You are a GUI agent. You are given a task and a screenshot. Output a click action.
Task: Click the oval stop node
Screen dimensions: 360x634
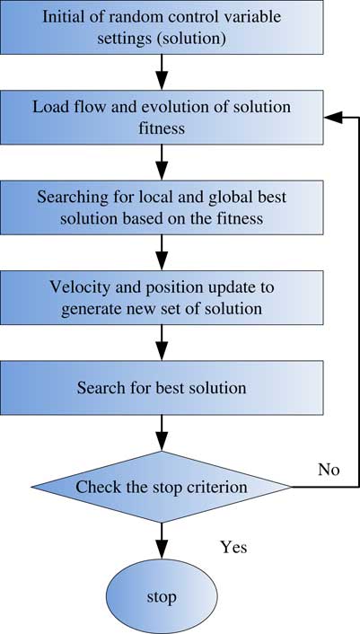(x=162, y=596)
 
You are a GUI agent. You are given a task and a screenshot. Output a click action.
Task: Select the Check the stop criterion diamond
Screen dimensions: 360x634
(x=162, y=487)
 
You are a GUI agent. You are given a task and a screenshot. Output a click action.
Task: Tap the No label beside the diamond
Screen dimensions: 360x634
(x=329, y=470)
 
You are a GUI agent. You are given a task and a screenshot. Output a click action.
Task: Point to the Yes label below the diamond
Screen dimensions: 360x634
(x=233, y=548)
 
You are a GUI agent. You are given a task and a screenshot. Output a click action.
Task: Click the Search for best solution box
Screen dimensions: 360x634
(x=162, y=388)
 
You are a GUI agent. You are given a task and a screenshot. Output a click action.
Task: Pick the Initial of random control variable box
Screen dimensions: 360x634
(x=162, y=27)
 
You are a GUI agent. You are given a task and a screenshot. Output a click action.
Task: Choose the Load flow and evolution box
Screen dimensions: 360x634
(x=162, y=118)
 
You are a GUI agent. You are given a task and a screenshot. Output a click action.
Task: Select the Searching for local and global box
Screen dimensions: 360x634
(x=162, y=207)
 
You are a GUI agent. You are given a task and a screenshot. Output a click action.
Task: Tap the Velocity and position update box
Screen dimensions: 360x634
(x=162, y=297)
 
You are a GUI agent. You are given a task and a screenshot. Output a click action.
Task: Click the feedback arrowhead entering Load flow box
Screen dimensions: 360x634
(x=333, y=118)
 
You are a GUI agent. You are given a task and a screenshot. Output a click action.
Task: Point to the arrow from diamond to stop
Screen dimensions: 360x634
(x=162, y=541)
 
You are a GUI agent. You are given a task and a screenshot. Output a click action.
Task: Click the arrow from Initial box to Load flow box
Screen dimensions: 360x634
(x=162, y=72)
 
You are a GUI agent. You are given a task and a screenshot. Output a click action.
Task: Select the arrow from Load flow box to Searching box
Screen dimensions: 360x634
(x=162, y=163)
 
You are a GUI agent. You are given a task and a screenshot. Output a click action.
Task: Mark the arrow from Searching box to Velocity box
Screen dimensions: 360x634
(x=162, y=252)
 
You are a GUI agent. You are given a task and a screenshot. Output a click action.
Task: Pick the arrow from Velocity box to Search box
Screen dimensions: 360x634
(x=162, y=343)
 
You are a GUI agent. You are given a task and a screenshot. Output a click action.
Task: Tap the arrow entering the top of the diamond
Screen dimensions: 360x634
(x=162, y=433)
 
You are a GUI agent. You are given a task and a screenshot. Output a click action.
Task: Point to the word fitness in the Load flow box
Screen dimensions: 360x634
(x=162, y=128)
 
